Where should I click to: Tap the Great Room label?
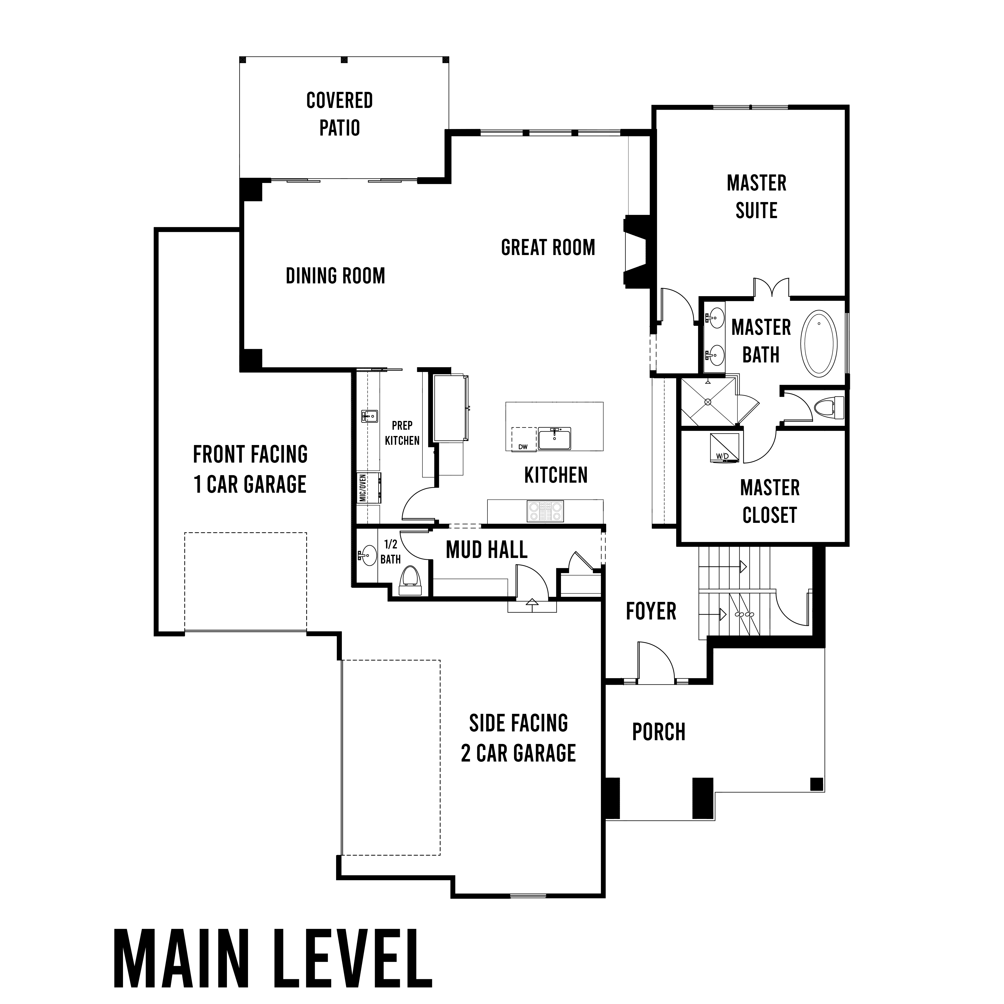click(x=548, y=247)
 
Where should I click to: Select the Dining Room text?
click(x=336, y=275)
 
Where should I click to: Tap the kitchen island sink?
click(x=554, y=438)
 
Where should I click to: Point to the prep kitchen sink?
click(x=369, y=416)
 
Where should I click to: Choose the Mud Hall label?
click(x=487, y=550)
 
